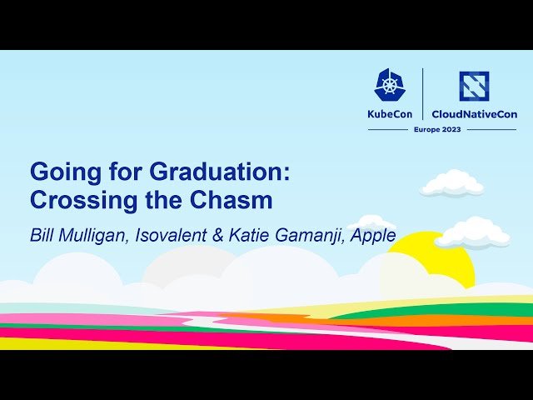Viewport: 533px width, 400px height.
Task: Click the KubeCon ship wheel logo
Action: point(390,86)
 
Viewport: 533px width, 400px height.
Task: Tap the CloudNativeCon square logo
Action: point(474,86)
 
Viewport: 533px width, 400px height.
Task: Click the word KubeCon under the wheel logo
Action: point(390,114)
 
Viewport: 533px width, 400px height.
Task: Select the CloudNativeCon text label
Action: point(474,114)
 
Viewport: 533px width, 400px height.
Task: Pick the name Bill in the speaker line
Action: point(42,235)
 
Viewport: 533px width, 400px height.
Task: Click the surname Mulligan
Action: point(93,235)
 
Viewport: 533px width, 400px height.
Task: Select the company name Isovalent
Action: point(172,235)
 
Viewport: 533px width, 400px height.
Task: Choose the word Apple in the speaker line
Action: point(374,235)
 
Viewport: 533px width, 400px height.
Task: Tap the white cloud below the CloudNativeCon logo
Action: point(451,183)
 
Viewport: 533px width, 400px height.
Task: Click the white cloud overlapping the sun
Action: point(472,233)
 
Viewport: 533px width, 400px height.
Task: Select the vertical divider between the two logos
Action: point(424,92)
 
